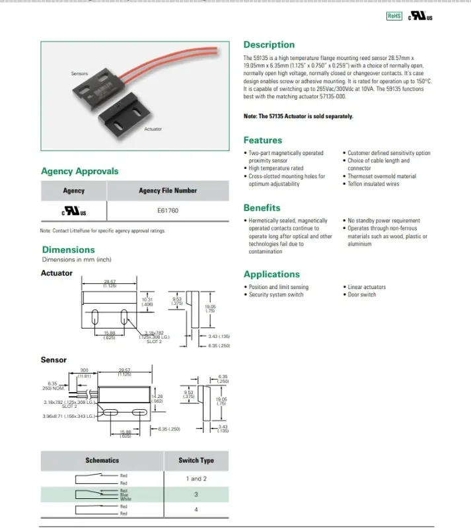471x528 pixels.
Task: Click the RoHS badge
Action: point(394,15)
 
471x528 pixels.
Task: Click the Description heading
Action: point(269,45)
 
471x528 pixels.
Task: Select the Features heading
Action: point(262,140)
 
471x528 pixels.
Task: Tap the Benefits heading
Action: point(262,208)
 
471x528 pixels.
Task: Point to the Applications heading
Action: point(272,275)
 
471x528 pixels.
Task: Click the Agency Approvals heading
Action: point(80,171)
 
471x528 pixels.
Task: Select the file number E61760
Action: point(168,211)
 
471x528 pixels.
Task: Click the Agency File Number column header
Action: point(168,191)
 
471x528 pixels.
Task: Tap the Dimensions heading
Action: point(69,249)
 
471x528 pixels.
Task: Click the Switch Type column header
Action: point(196,460)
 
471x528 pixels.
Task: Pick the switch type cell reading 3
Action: point(196,494)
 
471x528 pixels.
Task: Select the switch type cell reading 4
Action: point(196,509)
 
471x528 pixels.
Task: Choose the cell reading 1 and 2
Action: point(196,478)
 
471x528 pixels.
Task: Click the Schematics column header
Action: point(102,460)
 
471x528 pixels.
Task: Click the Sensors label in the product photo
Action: point(79,73)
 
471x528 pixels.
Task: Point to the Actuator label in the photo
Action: point(153,129)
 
